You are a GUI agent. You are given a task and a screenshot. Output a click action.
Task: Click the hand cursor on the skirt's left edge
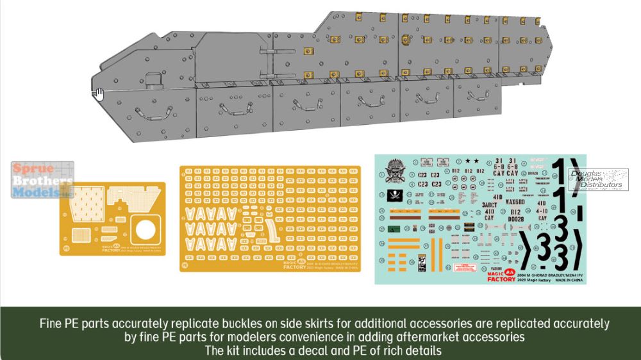pyautogui.click(x=98, y=94)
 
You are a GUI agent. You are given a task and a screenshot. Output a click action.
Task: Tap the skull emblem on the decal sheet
pyautogui.click(x=394, y=171)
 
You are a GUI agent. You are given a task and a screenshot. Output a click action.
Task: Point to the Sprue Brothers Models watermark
pyautogui.click(x=42, y=179)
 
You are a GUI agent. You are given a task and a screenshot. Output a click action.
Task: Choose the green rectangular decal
pyautogui.click(x=396, y=229)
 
